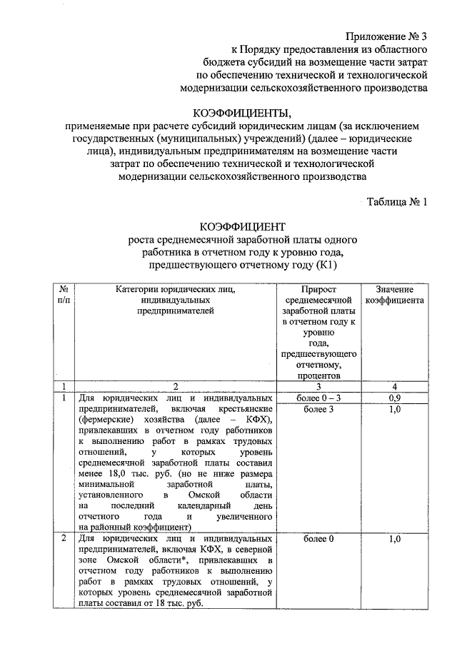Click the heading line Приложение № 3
(386, 36)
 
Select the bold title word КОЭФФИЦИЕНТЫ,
(243, 113)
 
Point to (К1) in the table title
(322, 265)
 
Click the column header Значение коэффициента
(394, 294)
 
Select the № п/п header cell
(64, 294)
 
